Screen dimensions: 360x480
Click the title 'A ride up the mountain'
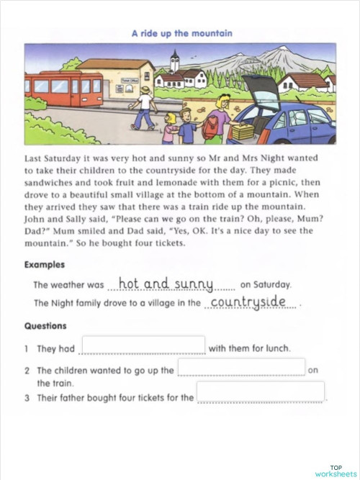(181, 33)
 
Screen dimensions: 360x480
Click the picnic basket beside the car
(243, 132)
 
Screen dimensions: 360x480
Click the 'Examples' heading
(45, 265)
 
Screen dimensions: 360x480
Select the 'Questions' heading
(45, 325)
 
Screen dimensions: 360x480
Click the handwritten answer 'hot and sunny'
(166, 284)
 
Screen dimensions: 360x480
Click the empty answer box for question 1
(143, 345)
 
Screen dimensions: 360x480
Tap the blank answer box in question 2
(241, 367)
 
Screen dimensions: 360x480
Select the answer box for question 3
(261, 392)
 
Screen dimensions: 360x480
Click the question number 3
(26, 397)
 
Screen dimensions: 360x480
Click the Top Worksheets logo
(336, 468)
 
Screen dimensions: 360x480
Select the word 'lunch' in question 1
(276, 349)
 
